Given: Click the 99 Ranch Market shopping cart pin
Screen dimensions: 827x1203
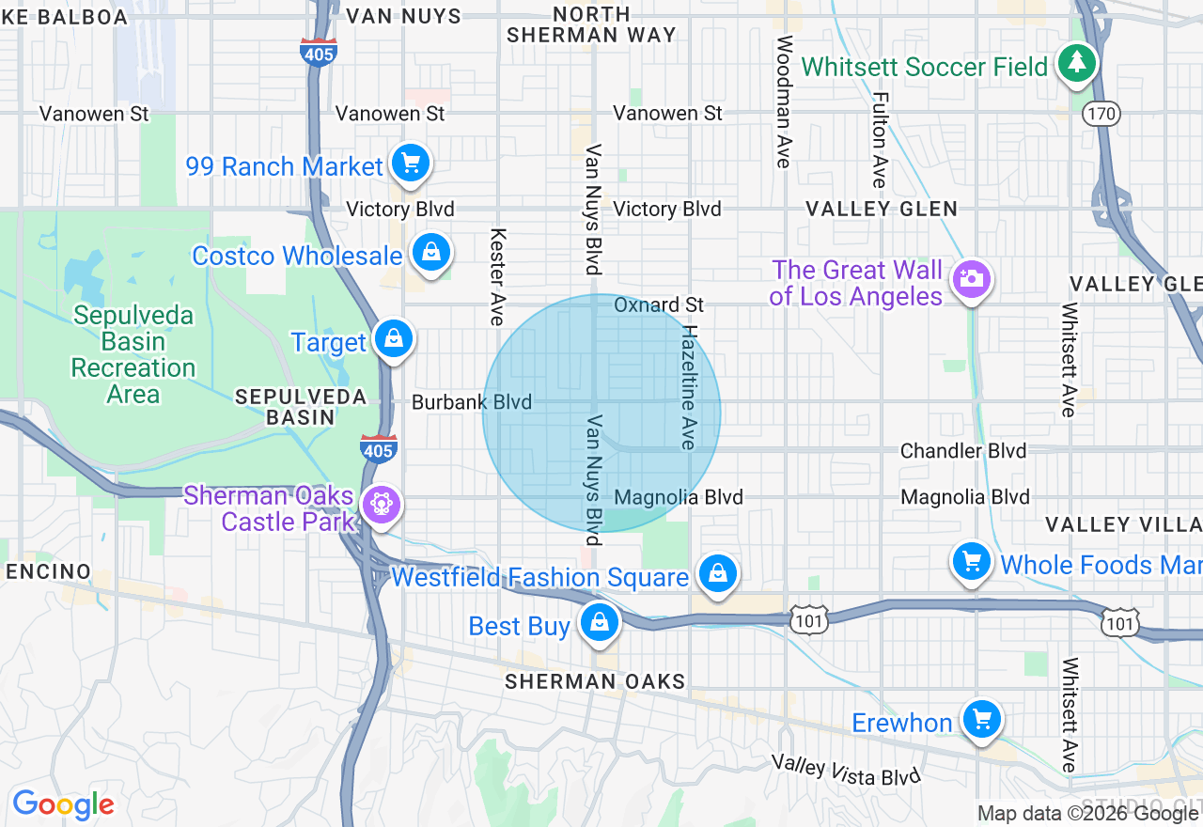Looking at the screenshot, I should [410, 164].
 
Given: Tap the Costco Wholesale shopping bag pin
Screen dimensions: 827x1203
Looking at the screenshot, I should [430, 252].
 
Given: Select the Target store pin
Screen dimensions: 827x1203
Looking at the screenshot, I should [393, 338].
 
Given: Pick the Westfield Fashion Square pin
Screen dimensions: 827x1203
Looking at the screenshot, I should [717, 572].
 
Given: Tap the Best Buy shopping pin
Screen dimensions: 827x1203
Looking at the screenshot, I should [598, 622].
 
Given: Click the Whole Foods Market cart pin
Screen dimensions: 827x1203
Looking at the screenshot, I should [971, 562].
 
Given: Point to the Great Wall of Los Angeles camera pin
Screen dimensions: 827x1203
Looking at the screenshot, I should [971, 279].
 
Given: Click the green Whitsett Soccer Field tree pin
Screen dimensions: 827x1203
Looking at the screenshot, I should [1076, 64].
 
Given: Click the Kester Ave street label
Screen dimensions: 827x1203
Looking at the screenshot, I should [497, 277].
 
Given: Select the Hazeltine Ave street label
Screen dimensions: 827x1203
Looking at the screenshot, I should [690, 387].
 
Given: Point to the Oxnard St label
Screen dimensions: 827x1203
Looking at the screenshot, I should [659, 305].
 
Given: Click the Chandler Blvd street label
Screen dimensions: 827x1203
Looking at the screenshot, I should [962, 451].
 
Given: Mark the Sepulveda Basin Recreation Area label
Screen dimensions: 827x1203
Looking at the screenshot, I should [133, 354].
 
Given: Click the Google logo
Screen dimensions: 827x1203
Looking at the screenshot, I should [63, 804].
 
